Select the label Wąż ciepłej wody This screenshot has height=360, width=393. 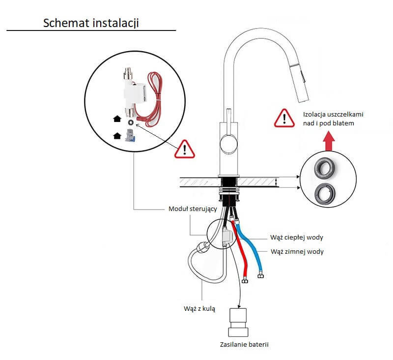[x=297, y=238]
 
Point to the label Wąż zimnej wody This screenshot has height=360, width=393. [x=297, y=251]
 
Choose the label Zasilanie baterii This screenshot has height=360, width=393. [x=245, y=344]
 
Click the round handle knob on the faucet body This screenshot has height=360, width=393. [x=227, y=144]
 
